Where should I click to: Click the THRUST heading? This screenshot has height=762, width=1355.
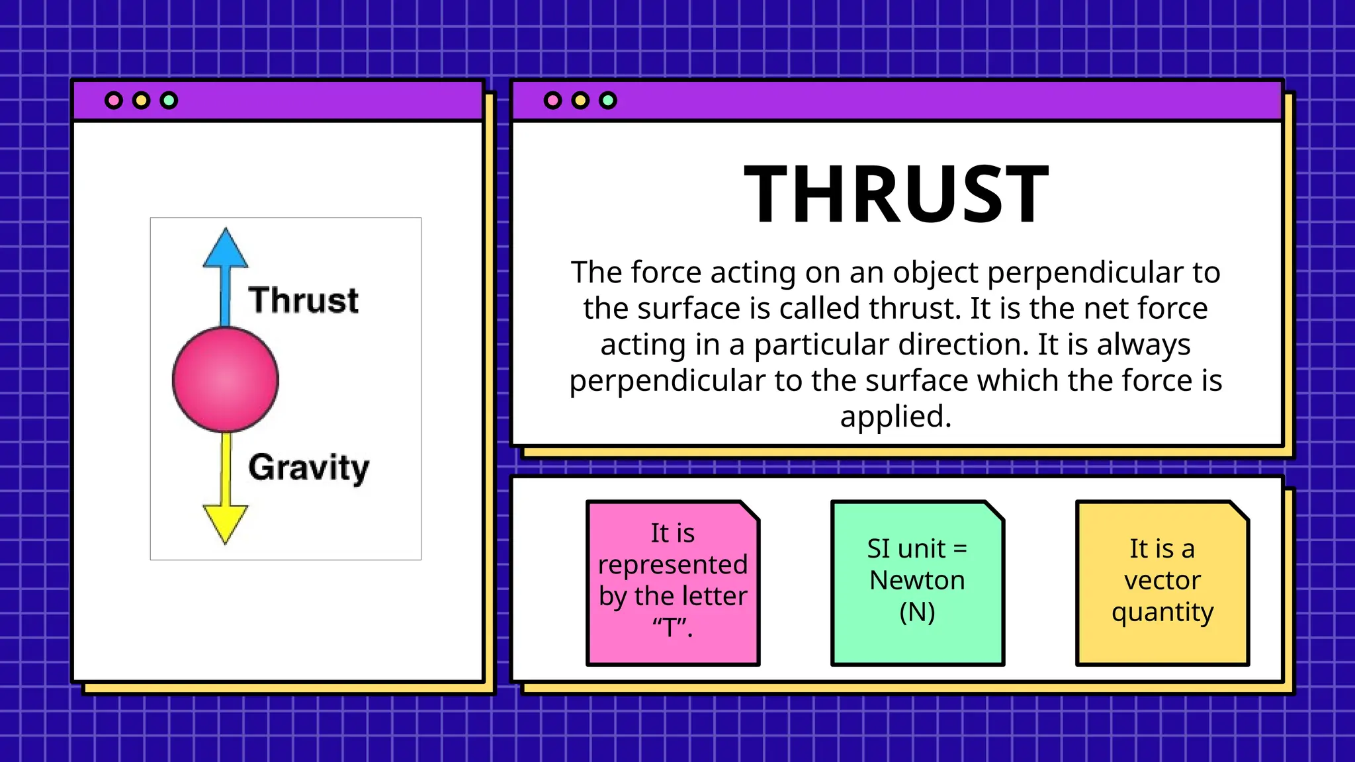point(896,194)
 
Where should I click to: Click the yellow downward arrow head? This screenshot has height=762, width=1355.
point(226,522)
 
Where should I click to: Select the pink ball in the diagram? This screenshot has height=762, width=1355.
point(226,380)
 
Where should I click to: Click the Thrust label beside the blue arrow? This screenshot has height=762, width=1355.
point(303,300)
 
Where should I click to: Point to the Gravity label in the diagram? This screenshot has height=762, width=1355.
point(308,468)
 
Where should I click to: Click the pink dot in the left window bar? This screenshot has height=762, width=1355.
point(114,101)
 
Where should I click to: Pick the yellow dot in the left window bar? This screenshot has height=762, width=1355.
point(142,101)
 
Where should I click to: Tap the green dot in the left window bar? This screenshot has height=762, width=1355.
point(169,101)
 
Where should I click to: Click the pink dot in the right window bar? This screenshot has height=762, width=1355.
point(552,101)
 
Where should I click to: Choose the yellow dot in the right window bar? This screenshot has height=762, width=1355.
point(580,101)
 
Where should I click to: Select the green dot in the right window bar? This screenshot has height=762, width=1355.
point(608,101)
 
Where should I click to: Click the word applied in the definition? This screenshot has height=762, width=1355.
point(896,417)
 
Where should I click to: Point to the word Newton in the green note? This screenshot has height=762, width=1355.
point(917,580)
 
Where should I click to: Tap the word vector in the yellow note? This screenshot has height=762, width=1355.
point(1162,580)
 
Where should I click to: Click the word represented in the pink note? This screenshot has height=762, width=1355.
point(673,565)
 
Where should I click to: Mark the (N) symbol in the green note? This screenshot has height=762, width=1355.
point(917,612)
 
